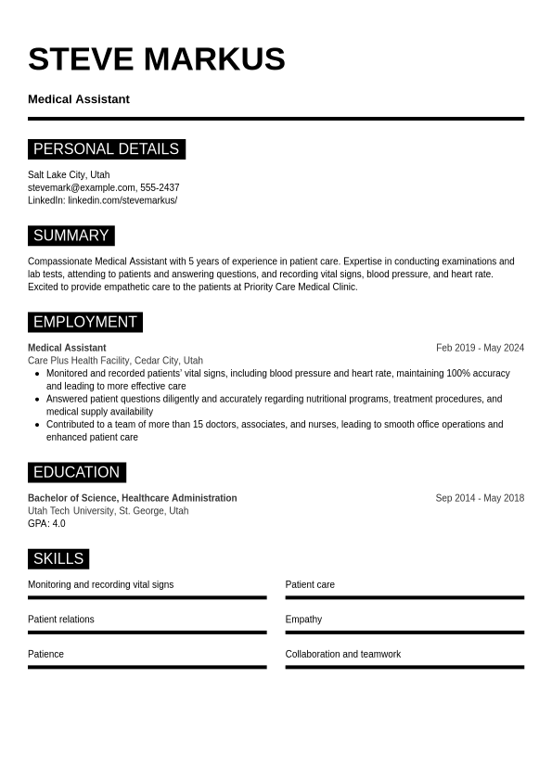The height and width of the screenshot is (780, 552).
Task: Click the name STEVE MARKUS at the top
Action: point(156,59)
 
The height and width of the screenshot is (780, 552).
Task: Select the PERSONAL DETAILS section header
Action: point(106,149)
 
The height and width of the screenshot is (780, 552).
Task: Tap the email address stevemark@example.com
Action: point(82,187)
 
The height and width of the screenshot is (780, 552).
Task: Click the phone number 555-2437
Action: point(160,187)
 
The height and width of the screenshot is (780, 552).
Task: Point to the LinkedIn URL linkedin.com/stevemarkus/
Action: point(122,200)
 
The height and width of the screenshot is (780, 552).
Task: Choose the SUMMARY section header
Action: point(71,236)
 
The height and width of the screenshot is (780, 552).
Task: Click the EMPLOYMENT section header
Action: point(84,322)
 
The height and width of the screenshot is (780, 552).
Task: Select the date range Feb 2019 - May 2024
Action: point(480,348)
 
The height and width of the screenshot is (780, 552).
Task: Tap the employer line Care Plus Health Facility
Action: point(115,361)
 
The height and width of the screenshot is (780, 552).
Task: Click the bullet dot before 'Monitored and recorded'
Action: point(37,374)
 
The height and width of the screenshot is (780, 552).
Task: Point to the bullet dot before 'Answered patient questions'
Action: point(37,400)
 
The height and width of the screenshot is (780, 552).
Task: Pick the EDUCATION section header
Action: point(76,472)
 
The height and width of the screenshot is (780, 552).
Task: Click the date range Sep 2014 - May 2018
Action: point(480,498)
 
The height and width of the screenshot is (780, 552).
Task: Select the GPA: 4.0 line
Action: point(46,524)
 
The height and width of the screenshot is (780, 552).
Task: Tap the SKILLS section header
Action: point(58,558)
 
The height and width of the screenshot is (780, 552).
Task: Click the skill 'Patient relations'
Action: point(61,620)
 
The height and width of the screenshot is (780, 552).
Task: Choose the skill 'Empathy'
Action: point(303,620)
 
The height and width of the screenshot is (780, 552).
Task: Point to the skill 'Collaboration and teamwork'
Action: point(343,655)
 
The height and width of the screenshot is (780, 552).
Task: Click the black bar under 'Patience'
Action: point(147,667)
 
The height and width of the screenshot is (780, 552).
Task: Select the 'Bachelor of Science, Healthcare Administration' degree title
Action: point(132,498)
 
